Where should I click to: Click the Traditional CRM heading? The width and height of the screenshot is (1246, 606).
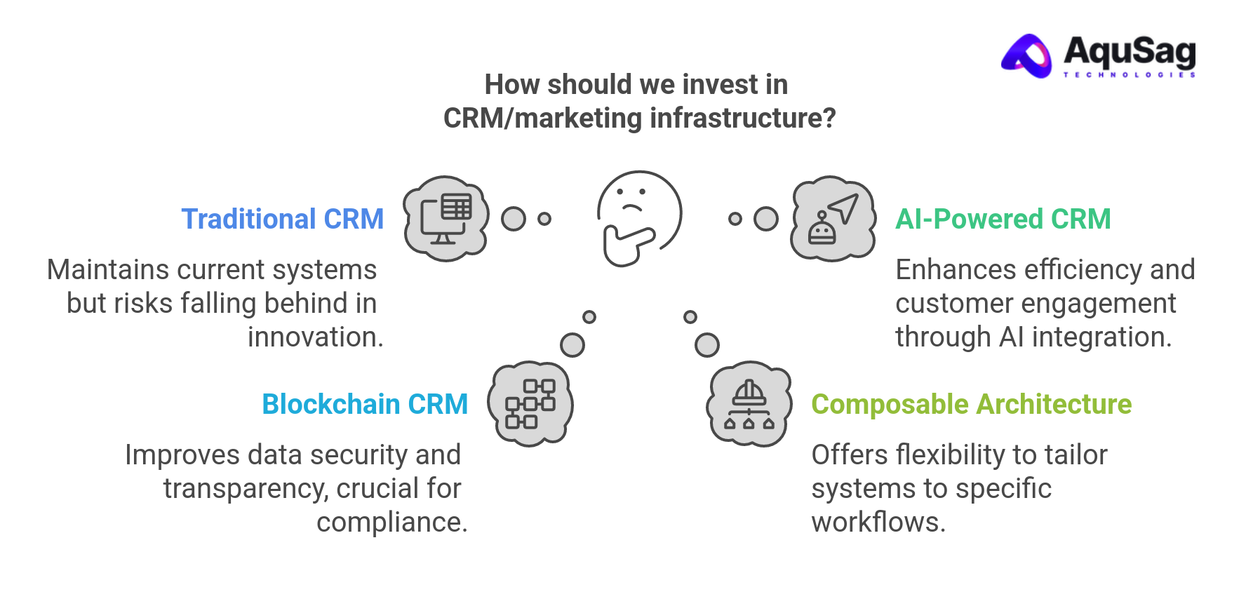pyautogui.click(x=282, y=219)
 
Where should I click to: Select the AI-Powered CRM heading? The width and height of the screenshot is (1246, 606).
pyautogui.click(x=1003, y=219)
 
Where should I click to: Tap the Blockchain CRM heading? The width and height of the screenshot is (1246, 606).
pyautogui.click(x=364, y=404)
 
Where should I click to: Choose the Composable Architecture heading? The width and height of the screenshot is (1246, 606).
pyautogui.click(x=971, y=404)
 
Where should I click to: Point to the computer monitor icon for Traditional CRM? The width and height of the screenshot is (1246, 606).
pyautogui.click(x=446, y=219)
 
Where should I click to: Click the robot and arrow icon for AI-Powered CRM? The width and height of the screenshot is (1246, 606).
pyautogui.click(x=833, y=219)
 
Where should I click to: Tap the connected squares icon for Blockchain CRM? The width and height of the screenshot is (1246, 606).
pyautogui.click(x=530, y=404)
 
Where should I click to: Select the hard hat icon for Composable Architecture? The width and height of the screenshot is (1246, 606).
pyautogui.click(x=749, y=404)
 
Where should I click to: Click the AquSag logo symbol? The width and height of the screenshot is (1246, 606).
pyautogui.click(x=1027, y=56)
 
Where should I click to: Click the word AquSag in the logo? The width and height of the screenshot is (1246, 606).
pyautogui.click(x=1129, y=51)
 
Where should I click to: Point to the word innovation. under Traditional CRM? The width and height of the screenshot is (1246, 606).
pyautogui.click(x=315, y=337)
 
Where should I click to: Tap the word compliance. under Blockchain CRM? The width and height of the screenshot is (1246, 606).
pyautogui.click(x=391, y=523)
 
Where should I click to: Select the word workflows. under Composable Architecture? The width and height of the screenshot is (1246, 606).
pyautogui.click(x=878, y=523)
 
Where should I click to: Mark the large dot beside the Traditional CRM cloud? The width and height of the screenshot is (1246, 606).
pyautogui.click(x=514, y=219)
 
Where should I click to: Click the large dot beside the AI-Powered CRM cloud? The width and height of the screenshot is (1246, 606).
pyautogui.click(x=766, y=219)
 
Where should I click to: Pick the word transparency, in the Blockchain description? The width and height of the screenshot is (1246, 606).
pyautogui.click(x=246, y=489)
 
